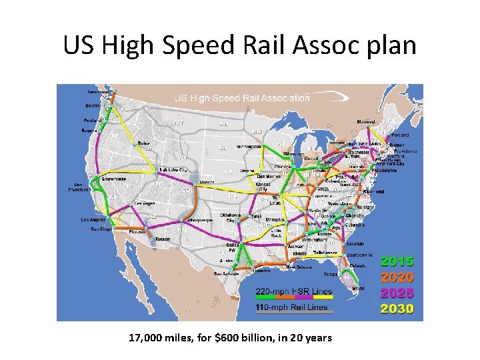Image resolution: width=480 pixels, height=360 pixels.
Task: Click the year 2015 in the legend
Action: pyautogui.click(x=397, y=262)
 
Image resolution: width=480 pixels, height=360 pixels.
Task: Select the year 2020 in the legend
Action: pyautogui.click(x=397, y=277)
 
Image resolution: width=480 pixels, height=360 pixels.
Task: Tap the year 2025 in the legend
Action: pyautogui.click(x=397, y=293)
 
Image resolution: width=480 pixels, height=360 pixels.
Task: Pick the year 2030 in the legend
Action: pyautogui.click(x=397, y=309)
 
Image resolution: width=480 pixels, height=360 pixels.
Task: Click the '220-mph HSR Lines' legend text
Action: pyautogui.click(x=291, y=291)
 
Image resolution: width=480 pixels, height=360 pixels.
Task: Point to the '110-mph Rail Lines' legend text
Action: pyautogui.click(x=291, y=308)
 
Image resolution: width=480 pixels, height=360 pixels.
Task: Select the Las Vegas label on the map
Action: pyautogui.click(x=146, y=203)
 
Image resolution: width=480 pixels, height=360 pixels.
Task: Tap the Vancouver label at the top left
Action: pyautogui.click(x=100, y=91)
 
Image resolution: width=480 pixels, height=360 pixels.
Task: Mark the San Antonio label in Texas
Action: pyautogui.click(x=227, y=273)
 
